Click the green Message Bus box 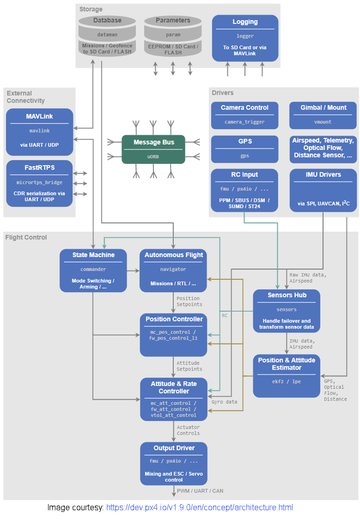point(153,149)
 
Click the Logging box point(245,39)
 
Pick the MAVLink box point(40,132)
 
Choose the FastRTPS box point(40,183)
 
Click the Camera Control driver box point(244,115)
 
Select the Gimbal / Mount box point(323,115)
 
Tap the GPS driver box point(244,149)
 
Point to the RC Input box point(244,189)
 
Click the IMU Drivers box point(323,189)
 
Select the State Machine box point(93,270)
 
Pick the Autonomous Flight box point(173,270)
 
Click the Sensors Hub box point(287,310)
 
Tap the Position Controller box point(174,335)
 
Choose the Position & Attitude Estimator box point(287,375)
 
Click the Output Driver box point(174,463)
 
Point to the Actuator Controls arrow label point(188,430)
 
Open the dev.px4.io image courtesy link point(200,507)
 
